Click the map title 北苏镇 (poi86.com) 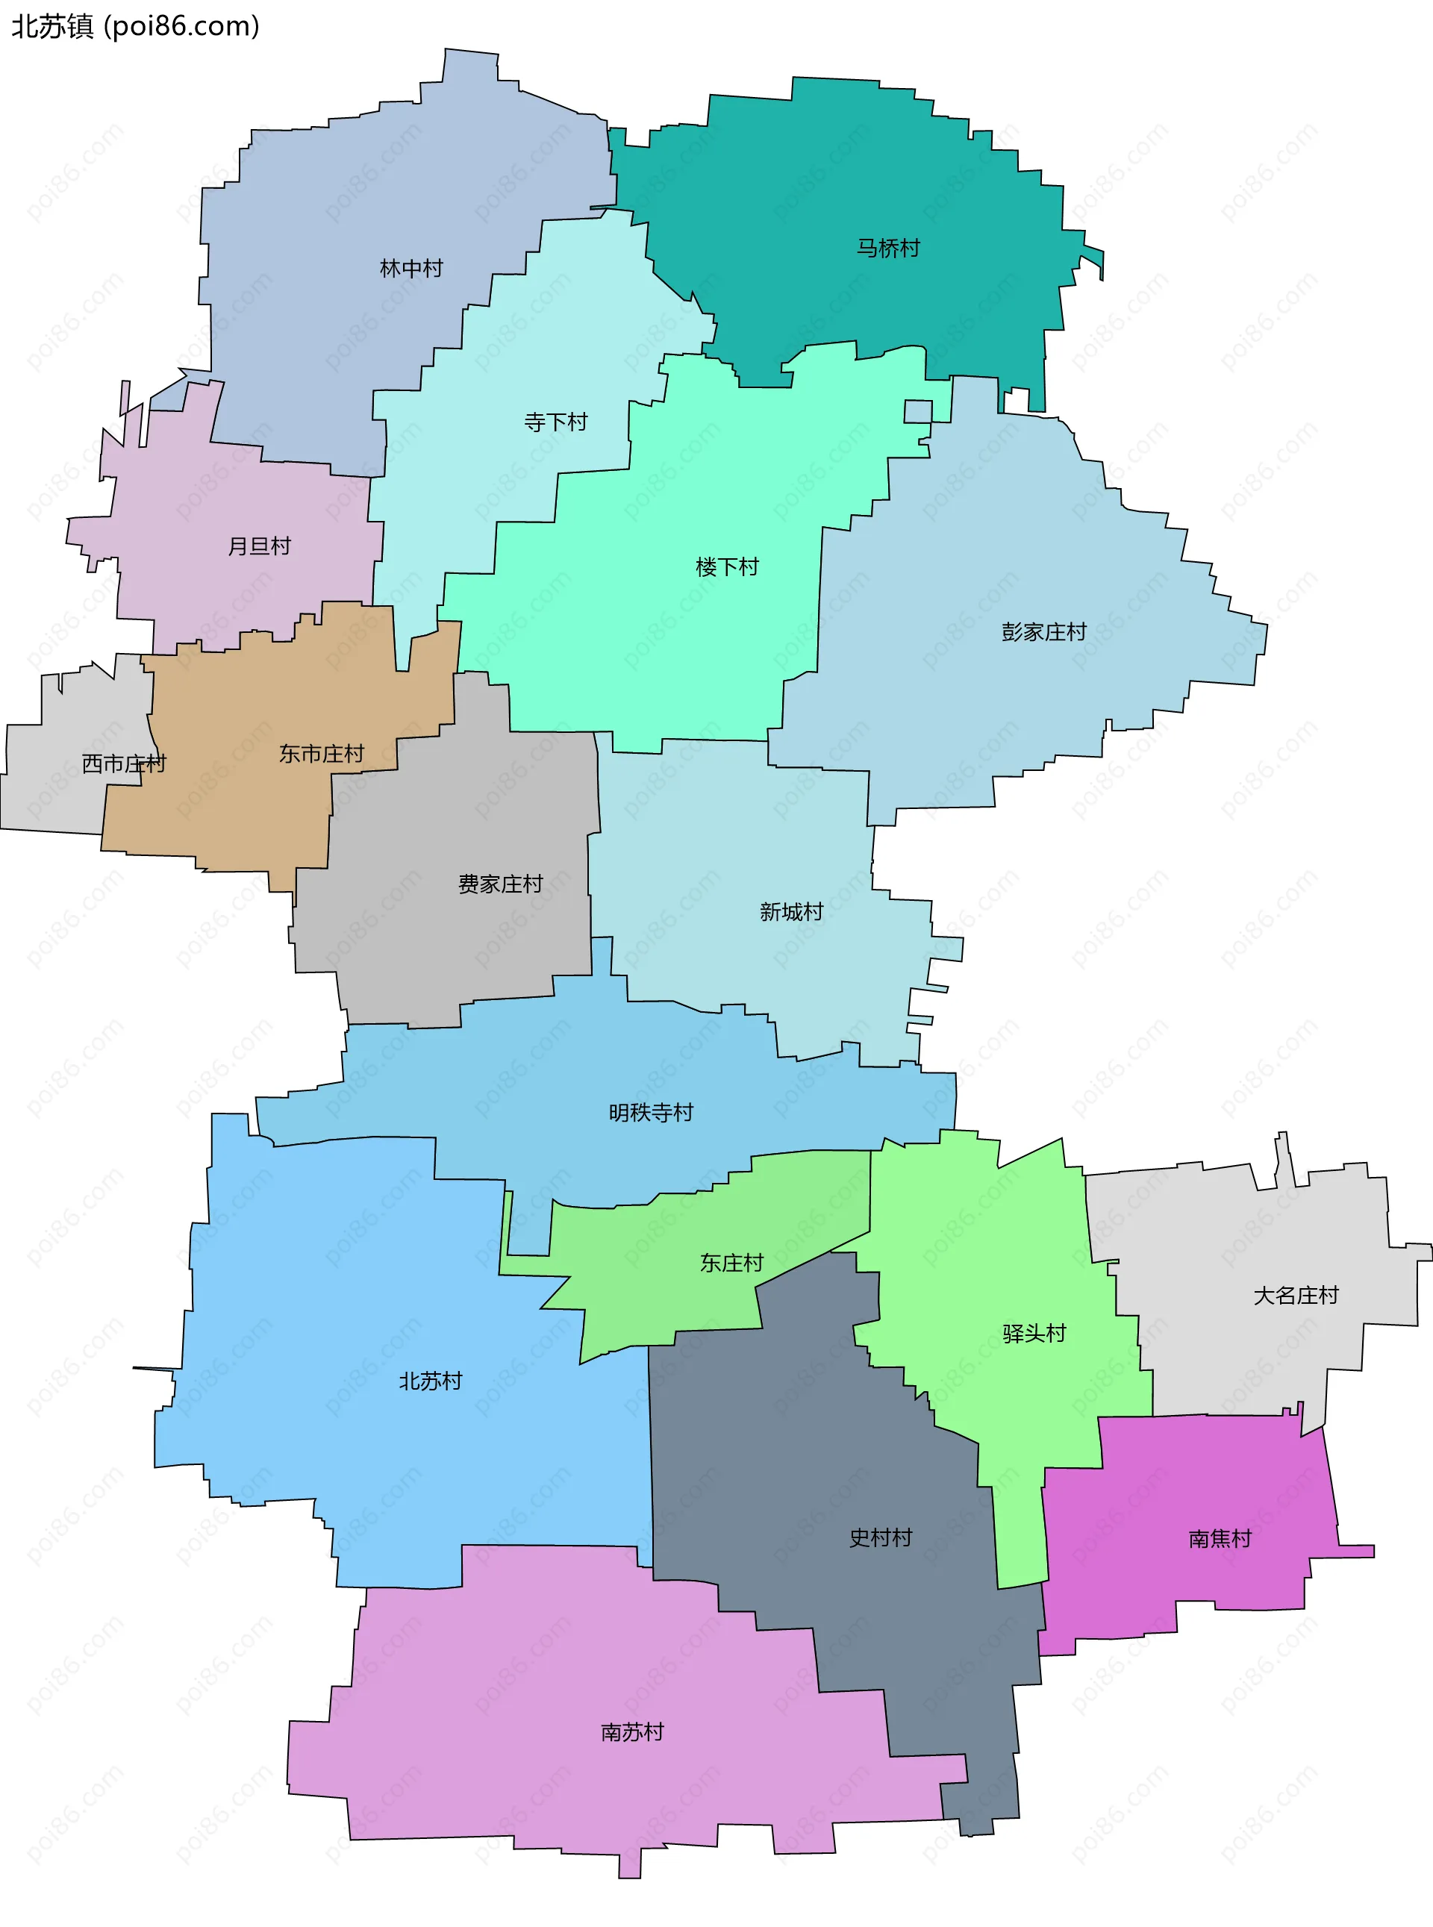pos(135,27)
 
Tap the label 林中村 pos(411,268)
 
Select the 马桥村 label pos(888,248)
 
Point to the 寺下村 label pos(556,422)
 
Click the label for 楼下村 pos(727,566)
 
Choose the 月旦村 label pos(260,546)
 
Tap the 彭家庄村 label pos(1043,631)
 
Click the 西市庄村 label pos(124,763)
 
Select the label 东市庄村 pos(321,754)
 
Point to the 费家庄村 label pos(501,884)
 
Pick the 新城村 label pos(791,911)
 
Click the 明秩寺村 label pos(651,1112)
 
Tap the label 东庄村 pos(731,1263)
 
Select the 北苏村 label pos(430,1381)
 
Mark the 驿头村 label pos(1034,1333)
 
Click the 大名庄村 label pos(1296,1295)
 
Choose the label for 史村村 pos(881,1537)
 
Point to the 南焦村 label pos(1220,1538)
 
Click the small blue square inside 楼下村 pos(918,411)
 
